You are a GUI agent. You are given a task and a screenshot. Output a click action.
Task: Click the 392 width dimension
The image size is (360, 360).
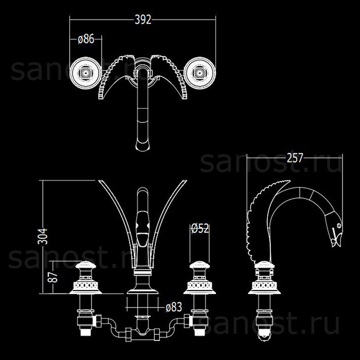point(143,20)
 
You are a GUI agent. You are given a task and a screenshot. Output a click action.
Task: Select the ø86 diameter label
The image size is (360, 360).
point(86,39)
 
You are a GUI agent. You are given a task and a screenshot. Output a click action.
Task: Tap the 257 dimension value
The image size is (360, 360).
point(295,158)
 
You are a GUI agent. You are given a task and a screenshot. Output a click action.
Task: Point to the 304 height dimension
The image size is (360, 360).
point(43,236)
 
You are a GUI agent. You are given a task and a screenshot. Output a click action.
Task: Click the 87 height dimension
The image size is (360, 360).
point(52,277)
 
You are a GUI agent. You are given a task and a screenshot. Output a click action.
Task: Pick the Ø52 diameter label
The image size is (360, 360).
point(200,228)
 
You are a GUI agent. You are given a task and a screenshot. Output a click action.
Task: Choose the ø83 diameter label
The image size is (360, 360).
point(174,307)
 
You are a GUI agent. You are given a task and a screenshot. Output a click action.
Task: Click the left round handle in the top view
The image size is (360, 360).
point(86,73)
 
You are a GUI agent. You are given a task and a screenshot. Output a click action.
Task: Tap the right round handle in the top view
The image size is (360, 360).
point(200,73)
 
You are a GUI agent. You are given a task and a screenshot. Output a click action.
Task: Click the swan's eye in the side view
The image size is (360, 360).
point(338,225)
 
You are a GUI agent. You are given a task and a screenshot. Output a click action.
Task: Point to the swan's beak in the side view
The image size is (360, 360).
point(336,240)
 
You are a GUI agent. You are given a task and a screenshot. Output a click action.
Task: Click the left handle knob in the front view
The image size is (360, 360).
point(86,265)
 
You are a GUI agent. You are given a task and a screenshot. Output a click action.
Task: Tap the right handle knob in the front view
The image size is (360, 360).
point(200,265)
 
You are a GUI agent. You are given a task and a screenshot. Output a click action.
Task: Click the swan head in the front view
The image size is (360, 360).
point(142,229)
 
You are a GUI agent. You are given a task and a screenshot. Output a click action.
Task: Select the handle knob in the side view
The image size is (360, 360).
point(264,265)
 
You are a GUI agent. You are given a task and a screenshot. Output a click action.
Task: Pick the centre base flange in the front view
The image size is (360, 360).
point(142,290)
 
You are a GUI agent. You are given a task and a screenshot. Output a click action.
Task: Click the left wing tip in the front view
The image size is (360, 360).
point(99,181)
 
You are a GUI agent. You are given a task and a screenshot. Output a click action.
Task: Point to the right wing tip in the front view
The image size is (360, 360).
point(186,181)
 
